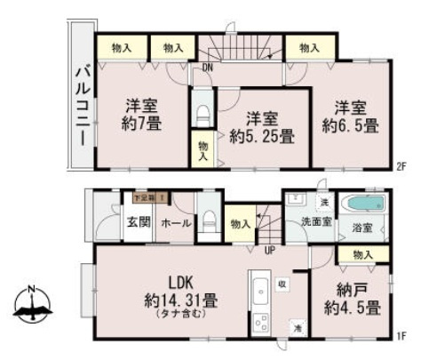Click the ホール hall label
pos(177,223)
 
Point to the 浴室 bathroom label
pos(361,227)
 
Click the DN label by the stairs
pos(207,66)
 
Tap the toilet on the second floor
pos(203,112)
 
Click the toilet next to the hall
pos(210,220)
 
